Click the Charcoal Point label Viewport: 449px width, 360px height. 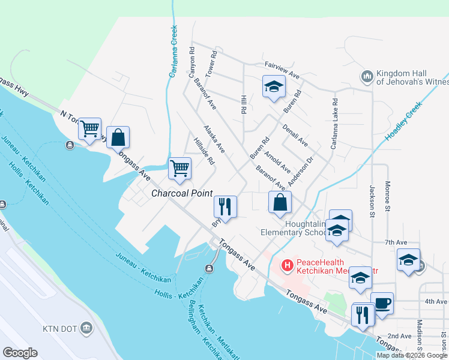182,193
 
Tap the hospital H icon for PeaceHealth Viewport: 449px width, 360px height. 288,265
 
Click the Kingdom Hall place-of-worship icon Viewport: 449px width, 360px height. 367,76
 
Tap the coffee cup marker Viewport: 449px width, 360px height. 381,302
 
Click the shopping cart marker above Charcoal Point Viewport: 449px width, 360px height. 179,169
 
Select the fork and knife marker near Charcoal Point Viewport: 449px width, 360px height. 226,206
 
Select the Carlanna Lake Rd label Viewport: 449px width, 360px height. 334,124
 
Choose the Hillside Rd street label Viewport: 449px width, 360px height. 204,151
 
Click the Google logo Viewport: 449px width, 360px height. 20,353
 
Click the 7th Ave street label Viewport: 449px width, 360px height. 396,242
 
